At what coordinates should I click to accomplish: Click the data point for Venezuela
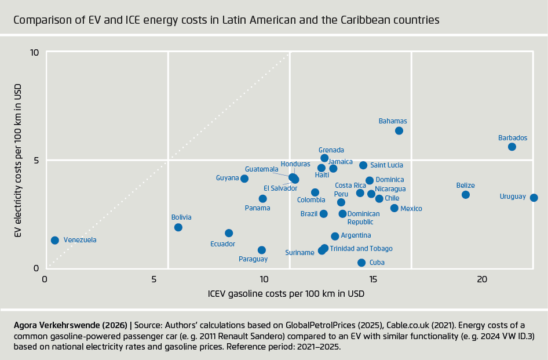pos(55,240)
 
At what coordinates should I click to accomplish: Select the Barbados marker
pos(512,147)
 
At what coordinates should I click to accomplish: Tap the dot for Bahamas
pos(399,130)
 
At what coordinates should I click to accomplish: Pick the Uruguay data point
pos(534,198)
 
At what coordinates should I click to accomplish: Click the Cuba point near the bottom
pos(361,263)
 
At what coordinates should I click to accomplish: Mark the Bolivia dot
pos(178,227)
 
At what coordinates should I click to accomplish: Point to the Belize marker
pos(466,195)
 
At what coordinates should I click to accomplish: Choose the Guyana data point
pos(244,179)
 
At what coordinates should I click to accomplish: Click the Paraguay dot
pos(262,250)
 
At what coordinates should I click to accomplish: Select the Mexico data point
pos(394,208)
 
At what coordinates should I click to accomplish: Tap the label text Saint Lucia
pos(387,165)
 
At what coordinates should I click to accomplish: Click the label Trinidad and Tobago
pos(361,249)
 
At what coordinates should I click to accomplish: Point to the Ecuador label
pos(222,244)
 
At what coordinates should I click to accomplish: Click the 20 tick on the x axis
pos(482,279)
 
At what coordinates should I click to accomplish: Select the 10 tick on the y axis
pos(34,52)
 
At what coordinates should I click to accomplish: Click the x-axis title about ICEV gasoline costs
pos(286,293)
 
